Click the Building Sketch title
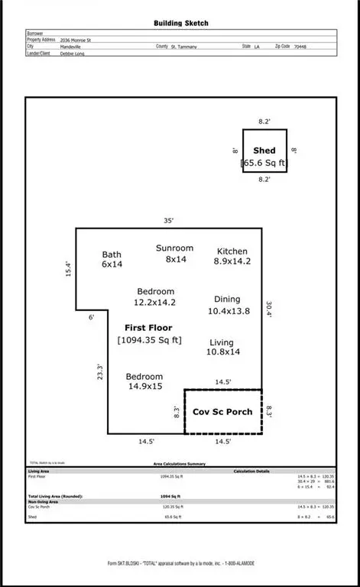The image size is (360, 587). [180, 24]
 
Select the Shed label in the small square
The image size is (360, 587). [264, 151]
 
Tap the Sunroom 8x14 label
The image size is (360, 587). [174, 254]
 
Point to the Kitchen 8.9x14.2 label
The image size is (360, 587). [232, 256]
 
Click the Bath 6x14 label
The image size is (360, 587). [112, 259]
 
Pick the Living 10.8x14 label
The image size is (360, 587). [222, 348]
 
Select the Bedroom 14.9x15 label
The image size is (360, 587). [145, 381]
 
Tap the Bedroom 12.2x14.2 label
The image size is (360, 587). [156, 297]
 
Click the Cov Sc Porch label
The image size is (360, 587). [223, 411]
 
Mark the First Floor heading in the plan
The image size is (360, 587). [148, 327]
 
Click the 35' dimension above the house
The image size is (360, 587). [168, 220]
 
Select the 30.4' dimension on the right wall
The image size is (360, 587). [268, 309]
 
